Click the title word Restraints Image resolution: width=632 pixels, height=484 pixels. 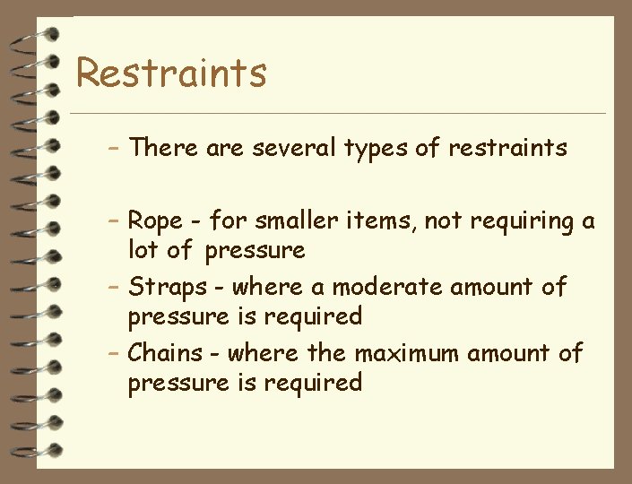click(171, 72)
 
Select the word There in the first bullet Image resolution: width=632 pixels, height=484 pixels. click(164, 148)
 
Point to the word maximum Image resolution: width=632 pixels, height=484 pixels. click(409, 353)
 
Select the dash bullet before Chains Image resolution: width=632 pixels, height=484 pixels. click(114, 353)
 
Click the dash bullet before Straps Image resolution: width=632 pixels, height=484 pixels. click(114, 288)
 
